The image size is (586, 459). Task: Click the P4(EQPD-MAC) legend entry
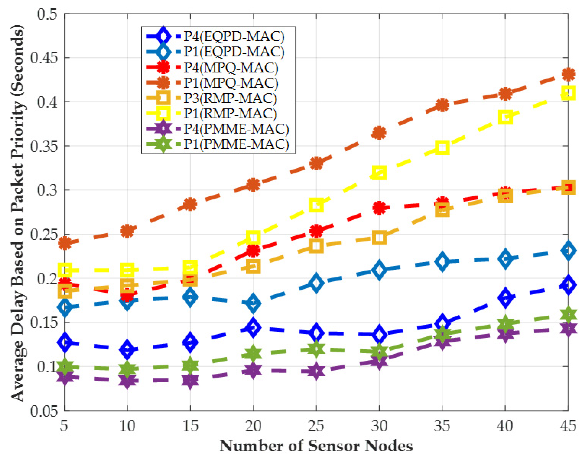pos(234,36)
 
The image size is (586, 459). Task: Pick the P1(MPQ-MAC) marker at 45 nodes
pos(568,74)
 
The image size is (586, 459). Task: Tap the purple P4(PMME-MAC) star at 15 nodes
pos(190,380)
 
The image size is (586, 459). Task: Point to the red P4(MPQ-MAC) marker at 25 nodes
pos(316,230)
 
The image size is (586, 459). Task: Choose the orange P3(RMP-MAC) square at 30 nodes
pos(379,237)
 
